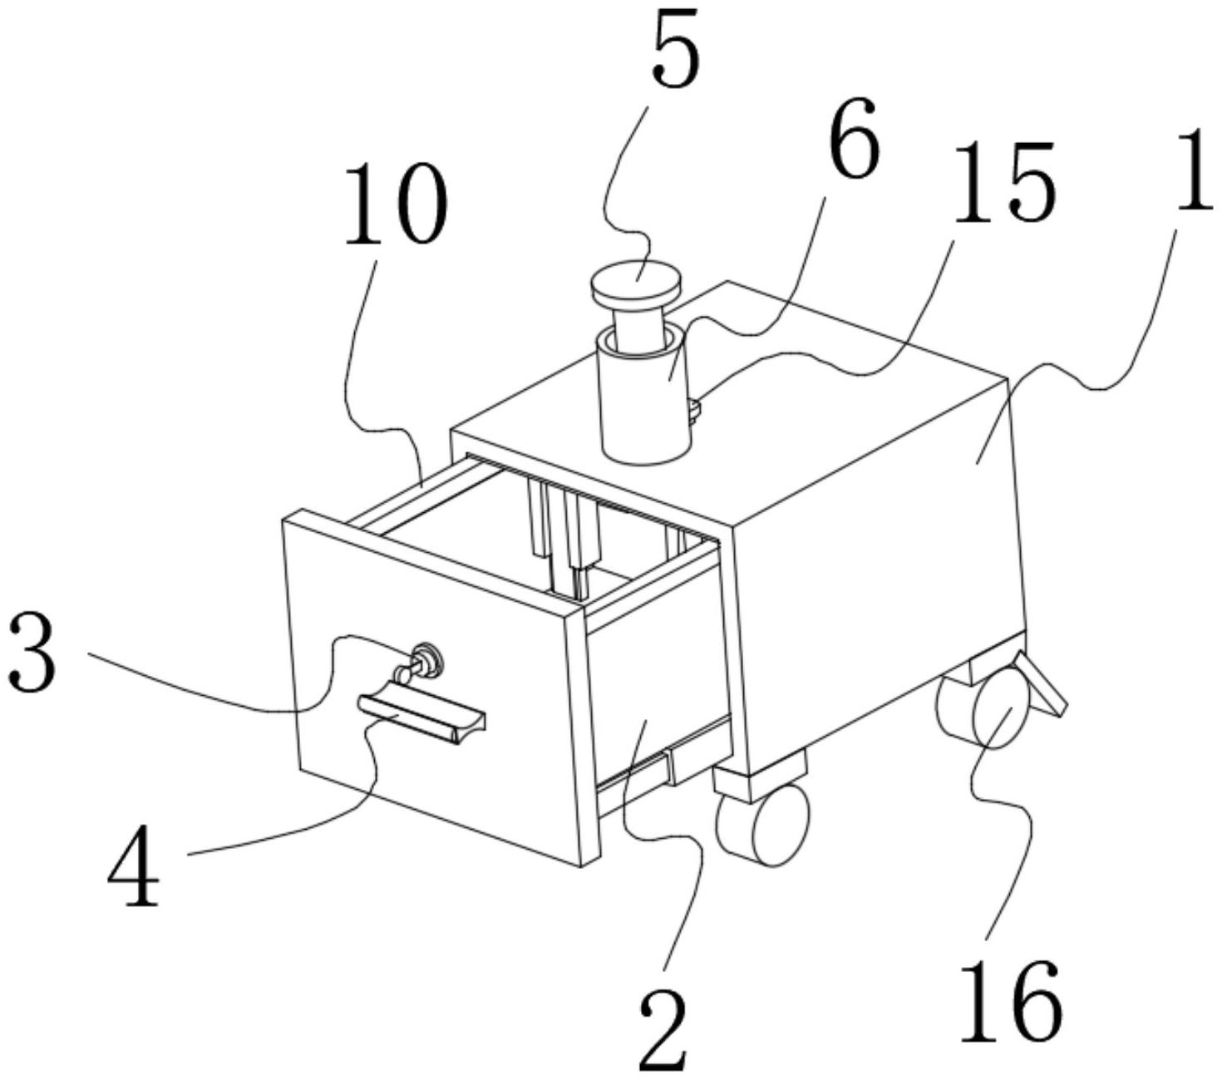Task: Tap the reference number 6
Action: click(x=852, y=139)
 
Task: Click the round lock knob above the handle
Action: click(x=426, y=658)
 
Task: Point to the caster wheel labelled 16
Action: click(x=993, y=712)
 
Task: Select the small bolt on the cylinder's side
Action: click(x=694, y=407)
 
